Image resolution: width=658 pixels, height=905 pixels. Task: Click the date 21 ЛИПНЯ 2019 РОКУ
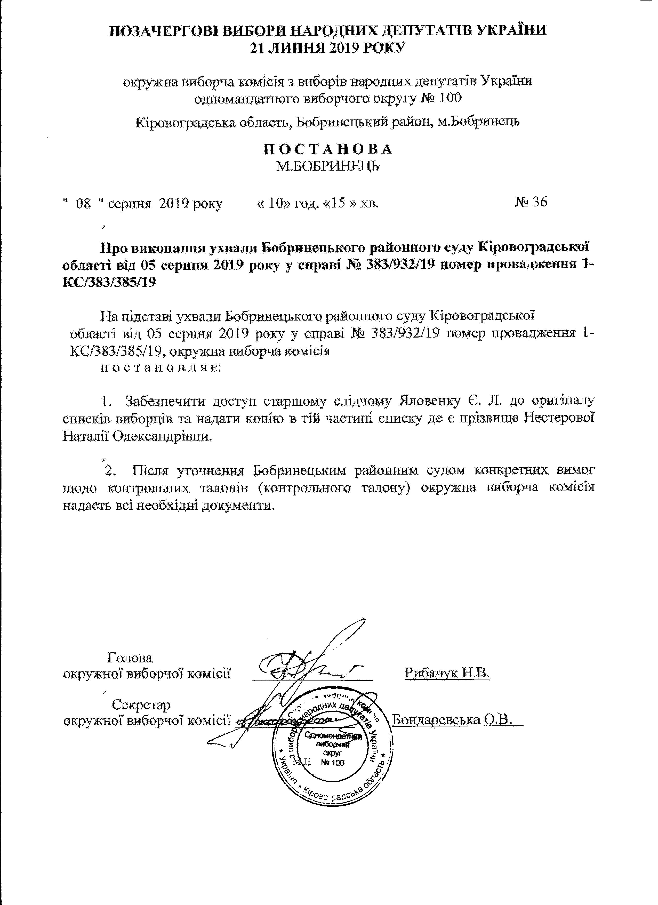coord(328,48)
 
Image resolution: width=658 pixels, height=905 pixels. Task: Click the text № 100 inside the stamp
coord(332,763)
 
